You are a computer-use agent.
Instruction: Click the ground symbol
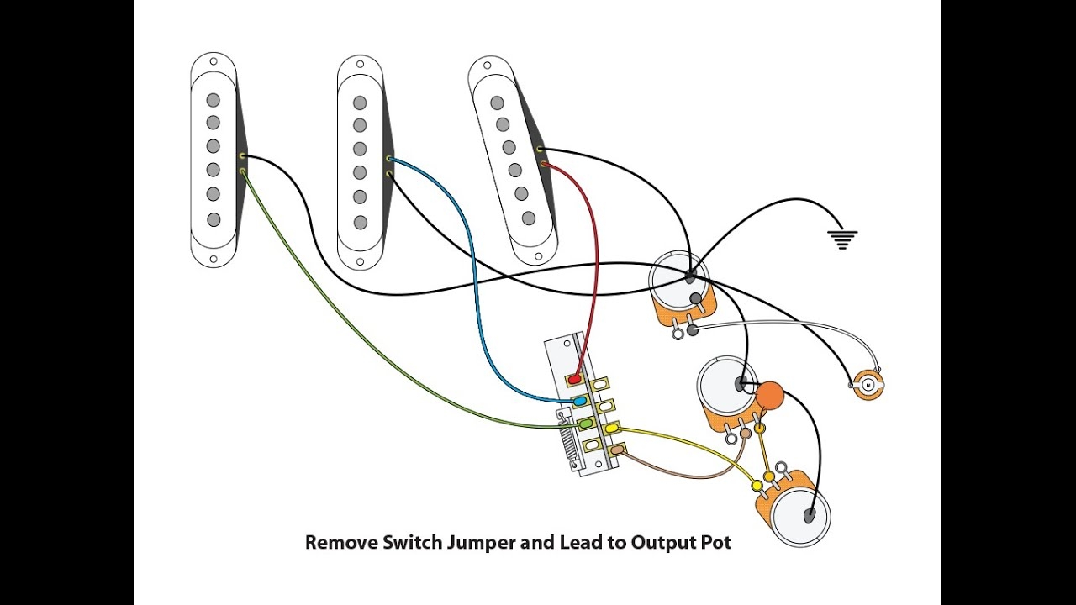coord(842,239)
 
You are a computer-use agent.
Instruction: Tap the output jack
coord(868,385)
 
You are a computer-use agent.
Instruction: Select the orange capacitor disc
coord(769,394)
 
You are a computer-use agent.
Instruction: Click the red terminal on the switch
coord(575,380)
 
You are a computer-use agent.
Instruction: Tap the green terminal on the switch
coord(585,423)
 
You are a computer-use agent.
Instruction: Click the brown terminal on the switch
coord(618,451)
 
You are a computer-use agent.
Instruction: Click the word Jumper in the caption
coord(474,543)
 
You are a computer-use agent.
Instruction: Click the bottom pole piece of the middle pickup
coord(361,223)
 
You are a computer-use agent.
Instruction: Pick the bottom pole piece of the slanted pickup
coord(528,218)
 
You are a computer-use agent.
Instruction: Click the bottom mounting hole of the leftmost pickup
coord(214,260)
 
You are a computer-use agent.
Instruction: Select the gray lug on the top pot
coord(693,330)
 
